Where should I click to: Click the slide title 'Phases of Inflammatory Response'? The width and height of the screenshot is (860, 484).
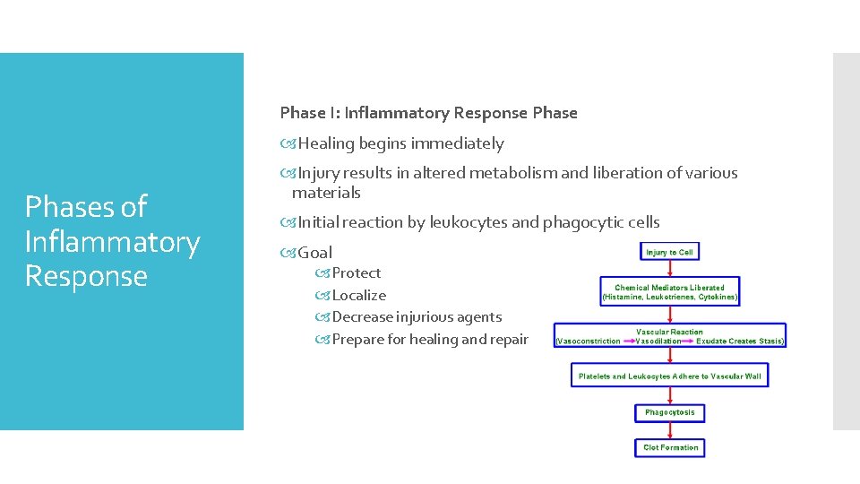pos(112,241)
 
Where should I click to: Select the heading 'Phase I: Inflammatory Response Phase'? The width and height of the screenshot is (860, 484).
pos(428,113)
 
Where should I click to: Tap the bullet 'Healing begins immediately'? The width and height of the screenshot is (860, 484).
pos(400,143)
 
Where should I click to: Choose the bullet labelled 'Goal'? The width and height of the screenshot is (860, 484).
pos(314,253)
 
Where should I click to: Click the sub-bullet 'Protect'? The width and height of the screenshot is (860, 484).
pos(356,273)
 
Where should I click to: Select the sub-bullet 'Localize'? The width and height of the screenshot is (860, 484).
pos(358,295)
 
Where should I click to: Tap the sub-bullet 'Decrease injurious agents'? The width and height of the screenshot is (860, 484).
pos(417,316)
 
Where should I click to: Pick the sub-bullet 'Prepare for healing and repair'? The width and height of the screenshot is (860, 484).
pos(430,339)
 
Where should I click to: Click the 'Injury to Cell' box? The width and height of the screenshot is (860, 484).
pos(670,253)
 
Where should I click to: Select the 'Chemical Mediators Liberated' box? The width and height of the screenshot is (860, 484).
pos(670,291)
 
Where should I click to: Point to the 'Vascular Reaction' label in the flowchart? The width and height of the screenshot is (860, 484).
pos(669,332)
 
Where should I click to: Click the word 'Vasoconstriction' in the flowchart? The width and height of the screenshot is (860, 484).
pos(589,341)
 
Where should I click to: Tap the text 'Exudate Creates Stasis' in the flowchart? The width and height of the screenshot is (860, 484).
pos(740,341)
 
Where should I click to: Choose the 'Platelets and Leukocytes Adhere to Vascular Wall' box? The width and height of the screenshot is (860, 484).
pos(670,376)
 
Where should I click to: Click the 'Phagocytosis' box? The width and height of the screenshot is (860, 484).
pos(670,413)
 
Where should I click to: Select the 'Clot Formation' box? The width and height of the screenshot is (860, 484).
pos(670,447)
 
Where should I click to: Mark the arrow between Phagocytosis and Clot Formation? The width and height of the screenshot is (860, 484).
pos(670,430)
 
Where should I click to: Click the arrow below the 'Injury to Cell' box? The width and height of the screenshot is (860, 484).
pos(670,269)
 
